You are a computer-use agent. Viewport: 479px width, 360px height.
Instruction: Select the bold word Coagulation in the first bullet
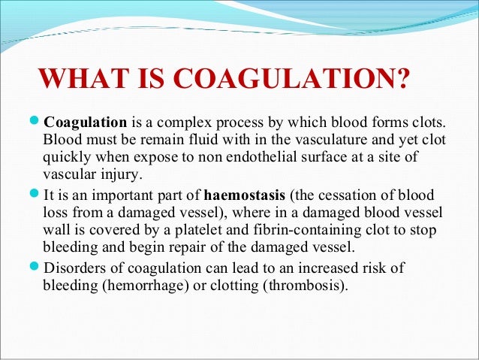coord(85,123)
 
